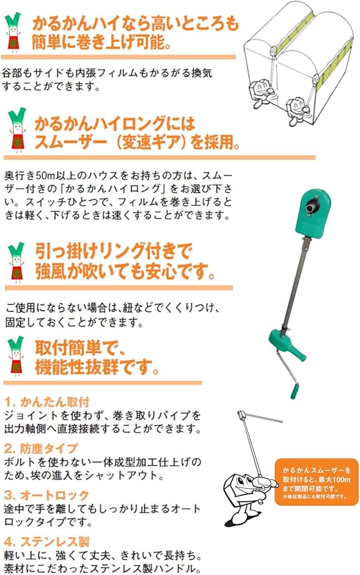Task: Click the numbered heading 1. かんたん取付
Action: pos(47,401)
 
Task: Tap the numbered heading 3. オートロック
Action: pos(47,494)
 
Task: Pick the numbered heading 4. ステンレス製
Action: pos(47,542)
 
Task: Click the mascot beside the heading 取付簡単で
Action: pos(16,356)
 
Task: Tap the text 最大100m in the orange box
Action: pos(330,478)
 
